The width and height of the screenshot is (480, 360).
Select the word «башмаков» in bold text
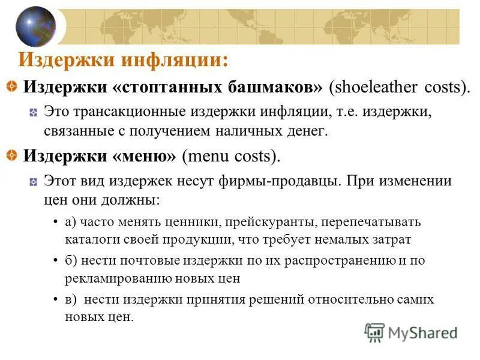(272, 87)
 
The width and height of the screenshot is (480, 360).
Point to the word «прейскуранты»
(270, 221)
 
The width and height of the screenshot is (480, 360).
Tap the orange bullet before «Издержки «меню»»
(11, 156)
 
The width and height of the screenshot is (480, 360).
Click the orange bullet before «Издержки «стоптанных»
(11, 87)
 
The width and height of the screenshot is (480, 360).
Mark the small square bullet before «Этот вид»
(34, 181)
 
